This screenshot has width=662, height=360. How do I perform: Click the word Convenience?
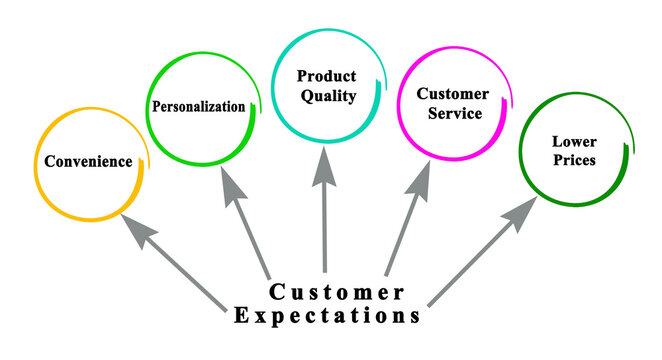click(87, 161)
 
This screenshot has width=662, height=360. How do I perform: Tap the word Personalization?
click(198, 106)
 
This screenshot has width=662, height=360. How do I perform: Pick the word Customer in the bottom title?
click(336, 293)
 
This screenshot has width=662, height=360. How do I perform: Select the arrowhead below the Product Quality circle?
click(323, 165)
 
